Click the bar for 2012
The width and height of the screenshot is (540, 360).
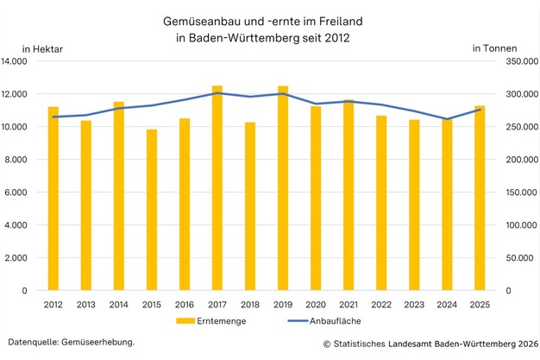53,199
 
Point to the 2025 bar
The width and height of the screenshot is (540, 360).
480,198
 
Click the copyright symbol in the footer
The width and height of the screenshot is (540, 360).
328,344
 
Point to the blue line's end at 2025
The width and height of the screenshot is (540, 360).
480,110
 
